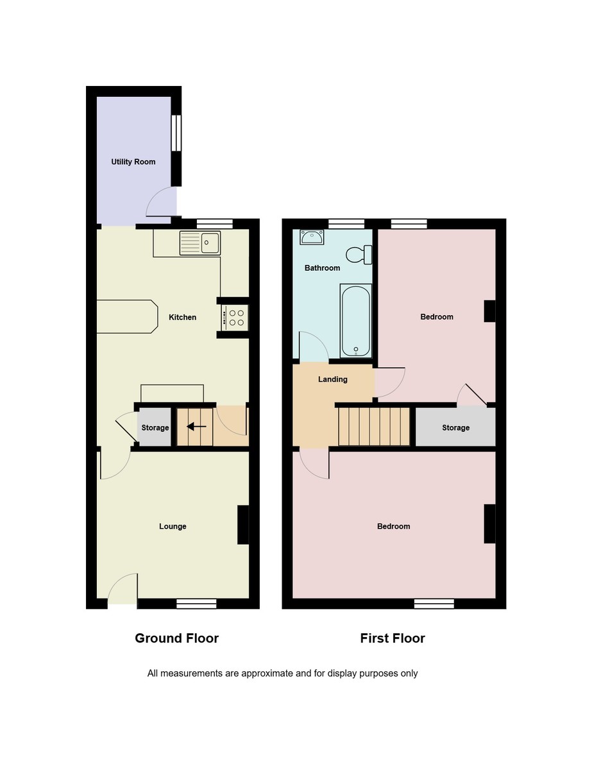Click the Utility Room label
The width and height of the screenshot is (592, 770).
(133, 162)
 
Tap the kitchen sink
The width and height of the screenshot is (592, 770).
(201, 242)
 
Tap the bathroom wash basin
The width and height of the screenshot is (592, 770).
(312, 237)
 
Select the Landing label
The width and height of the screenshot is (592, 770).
(333, 379)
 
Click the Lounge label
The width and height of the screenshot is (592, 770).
(173, 526)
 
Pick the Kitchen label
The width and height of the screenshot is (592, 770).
(183, 317)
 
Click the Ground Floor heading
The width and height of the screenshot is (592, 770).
(176, 638)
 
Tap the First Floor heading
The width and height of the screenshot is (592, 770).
(393, 638)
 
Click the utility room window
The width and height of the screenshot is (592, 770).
(176, 132)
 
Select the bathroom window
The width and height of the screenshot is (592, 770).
(346, 223)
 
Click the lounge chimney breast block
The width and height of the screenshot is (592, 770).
(243, 526)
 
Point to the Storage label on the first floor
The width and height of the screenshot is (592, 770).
(455, 427)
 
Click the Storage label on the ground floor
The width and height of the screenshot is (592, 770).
(155, 427)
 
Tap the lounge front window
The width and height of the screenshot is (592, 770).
(196, 603)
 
